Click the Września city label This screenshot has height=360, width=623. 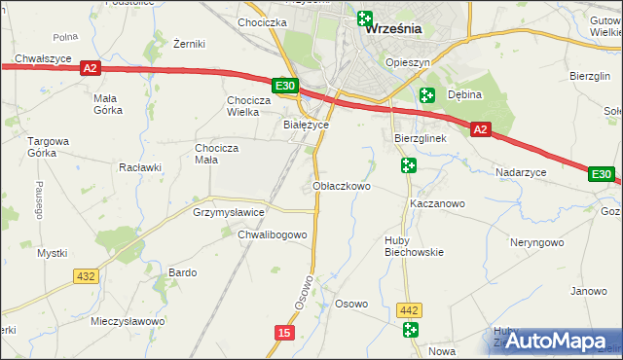392,29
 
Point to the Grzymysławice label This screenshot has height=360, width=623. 229,211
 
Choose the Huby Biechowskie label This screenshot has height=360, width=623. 414,245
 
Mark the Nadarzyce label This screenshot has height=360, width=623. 519,171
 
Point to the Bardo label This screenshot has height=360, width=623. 183,272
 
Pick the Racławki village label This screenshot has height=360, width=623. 139,167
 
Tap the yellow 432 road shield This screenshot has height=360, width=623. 86,276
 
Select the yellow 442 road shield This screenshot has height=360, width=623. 410,310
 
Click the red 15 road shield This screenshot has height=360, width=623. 283,333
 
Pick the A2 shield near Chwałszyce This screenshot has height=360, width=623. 91,68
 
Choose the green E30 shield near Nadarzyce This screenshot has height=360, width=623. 602,174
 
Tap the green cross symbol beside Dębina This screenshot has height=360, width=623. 426,94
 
